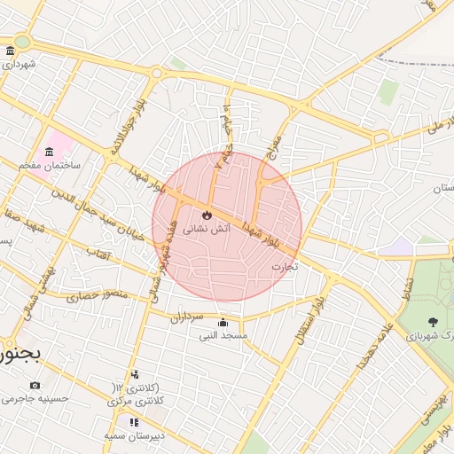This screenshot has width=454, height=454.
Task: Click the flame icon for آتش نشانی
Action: point(207,215)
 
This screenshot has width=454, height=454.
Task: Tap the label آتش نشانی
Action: point(207,229)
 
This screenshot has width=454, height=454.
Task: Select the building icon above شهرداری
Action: point(9,51)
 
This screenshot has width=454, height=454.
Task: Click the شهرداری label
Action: point(18,65)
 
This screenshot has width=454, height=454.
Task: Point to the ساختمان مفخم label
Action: point(50,165)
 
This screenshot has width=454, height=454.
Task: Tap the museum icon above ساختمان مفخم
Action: point(48,152)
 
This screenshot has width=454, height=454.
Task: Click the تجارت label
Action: point(285,266)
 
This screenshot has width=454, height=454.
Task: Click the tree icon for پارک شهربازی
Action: point(433,322)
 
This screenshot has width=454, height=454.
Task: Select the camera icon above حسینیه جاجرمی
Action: point(35,385)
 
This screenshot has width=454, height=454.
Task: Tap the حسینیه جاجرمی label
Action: point(35,399)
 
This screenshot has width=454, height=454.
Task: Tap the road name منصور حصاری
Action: point(98,294)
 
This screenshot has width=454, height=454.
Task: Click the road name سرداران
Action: point(187,316)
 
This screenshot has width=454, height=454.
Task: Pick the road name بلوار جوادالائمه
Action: point(127,129)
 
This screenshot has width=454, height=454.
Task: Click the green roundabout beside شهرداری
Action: point(21,42)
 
